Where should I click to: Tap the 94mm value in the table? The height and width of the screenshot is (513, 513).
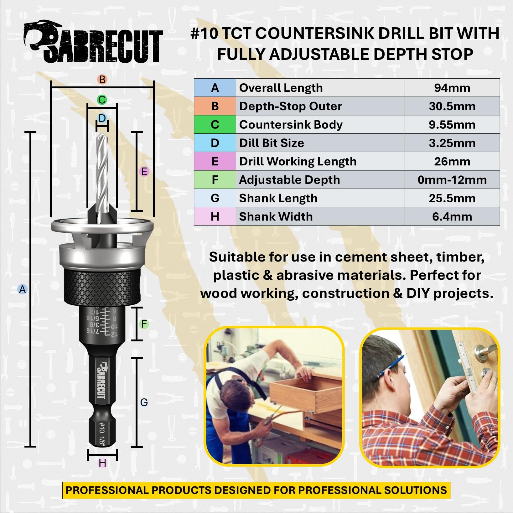pos(452,88)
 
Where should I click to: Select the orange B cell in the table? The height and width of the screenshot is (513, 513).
pos(215,106)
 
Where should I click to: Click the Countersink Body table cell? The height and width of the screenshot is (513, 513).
pos(320,125)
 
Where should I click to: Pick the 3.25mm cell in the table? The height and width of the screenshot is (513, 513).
pos(452,143)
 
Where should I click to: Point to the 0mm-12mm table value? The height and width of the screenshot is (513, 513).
pos(452,180)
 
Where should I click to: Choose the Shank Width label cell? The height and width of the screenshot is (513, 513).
pos(320,216)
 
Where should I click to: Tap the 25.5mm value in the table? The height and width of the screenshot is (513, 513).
pos(452,198)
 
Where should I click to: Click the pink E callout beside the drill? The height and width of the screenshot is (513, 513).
pos(144,171)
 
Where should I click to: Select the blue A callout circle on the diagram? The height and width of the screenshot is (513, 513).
pos(22,289)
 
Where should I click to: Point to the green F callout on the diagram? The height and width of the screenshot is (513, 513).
pos(144,324)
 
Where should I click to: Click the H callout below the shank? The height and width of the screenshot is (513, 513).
pos(102,463)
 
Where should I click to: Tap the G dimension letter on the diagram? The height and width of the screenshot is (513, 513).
pos(144,402)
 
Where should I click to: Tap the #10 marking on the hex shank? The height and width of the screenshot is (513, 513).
pos(102,427)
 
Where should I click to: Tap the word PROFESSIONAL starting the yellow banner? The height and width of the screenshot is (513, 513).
pos(107,490)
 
